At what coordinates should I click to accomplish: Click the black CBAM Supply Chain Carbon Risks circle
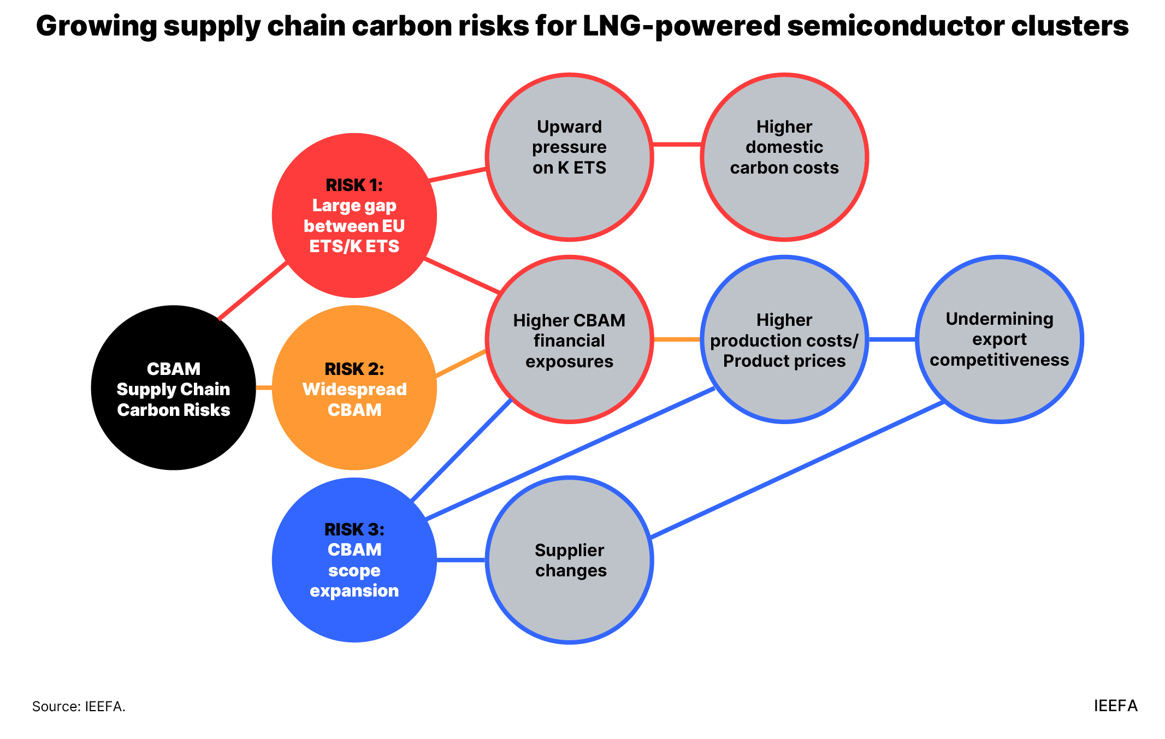(173, 388)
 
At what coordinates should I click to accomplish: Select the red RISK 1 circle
(354, 215)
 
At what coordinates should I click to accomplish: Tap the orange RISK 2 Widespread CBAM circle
(354, 388)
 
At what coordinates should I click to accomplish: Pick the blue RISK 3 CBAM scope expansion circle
(354, 559)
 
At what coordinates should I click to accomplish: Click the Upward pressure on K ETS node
(569, 157)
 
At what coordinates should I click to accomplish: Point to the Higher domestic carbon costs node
(784, 157)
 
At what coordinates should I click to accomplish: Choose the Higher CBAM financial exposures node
(569, 339)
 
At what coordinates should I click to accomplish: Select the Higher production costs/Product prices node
(784, 339)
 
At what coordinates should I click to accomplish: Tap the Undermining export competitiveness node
(1000, 339)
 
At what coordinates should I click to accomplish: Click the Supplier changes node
(569, 560)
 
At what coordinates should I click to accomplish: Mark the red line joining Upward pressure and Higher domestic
(677, 145)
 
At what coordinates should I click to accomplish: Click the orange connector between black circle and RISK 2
(264, 388)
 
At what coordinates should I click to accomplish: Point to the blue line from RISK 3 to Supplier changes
(461, 560)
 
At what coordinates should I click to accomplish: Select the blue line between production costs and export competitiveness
(892, 339)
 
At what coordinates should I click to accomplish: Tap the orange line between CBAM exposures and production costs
(677, 339)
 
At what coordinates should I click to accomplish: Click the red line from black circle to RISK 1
(252, 291)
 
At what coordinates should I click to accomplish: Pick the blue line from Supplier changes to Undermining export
(797, 470)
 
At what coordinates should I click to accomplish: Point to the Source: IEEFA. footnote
(79, 706)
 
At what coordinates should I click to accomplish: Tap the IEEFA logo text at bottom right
(1115, 706)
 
